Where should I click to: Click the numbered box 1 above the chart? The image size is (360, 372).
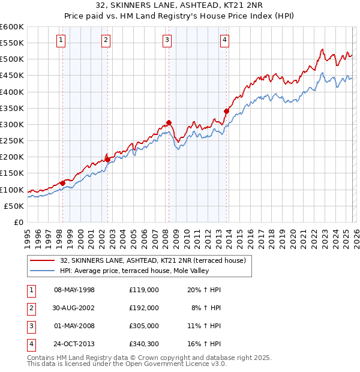(62, 40)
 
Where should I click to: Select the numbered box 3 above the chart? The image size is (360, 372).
(167, 40)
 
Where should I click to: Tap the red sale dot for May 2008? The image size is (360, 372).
(169, 122)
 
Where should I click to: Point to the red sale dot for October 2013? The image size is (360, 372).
(226, 111)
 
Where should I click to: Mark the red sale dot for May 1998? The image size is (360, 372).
(62, 183)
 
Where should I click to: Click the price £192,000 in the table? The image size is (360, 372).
(143, 307)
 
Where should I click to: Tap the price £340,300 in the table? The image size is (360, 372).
(143, 344)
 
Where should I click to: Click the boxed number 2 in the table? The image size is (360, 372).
(31, 307)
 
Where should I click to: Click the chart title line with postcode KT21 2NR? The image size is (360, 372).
(179, 6)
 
